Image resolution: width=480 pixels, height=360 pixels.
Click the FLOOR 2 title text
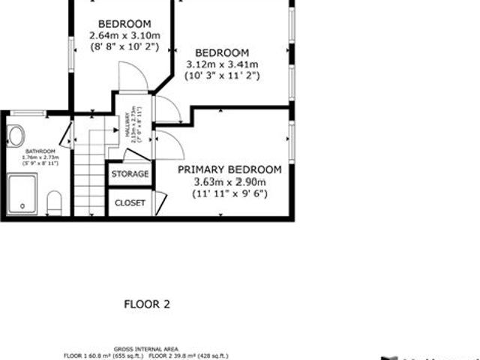[146, 304]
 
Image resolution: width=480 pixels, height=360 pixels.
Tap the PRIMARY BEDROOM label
[229, 169]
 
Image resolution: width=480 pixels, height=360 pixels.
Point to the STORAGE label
[130, 174]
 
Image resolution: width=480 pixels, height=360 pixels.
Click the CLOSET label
[130, 202]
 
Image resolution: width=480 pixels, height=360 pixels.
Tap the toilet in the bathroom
[54, 202]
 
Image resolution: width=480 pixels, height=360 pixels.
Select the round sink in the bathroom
[16, 136]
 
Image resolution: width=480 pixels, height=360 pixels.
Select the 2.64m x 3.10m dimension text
[124, 35]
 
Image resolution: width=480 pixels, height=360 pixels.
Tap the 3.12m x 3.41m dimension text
[221, 64]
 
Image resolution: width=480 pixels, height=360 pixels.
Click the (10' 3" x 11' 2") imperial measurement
[221, 76]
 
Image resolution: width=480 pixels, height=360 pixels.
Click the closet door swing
[160, 201]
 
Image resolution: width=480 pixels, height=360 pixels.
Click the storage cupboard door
[135, 156]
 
